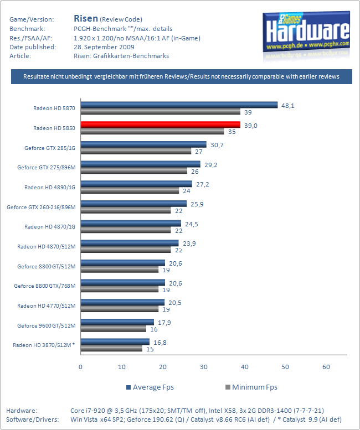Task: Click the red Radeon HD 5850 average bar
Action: pyautogui.click(x=161, y=125)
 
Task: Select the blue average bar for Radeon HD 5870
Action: pyautogui.click(x=179, y=105)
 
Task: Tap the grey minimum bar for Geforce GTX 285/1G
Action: pyautogui.click(x=136, y=151)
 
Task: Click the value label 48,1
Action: pyautogui.click(x=287, y=104)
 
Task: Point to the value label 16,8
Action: pyautogui.click(x=160, y=342)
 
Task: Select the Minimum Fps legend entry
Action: pyautogui.click(x=251, y=387)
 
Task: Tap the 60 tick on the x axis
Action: pyautogui.click(x=326, y=366)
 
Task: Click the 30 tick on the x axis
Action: pyautogui.click(x=203, y=366)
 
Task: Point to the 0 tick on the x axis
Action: pyautogui.click(x=81, y=366)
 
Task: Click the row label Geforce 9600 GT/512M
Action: pyautogui.click(x=46, y=325)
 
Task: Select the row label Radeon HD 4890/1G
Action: pyautogui.click(x=50, y=187)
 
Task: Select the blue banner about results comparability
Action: pyautogui.click(x=182, y=76)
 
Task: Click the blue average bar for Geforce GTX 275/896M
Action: pyautogui.click(x=140, y=164)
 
